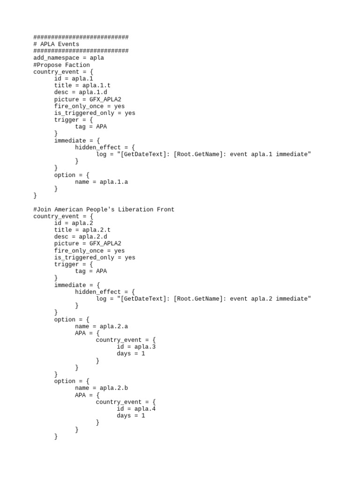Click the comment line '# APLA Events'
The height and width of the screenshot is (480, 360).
coord(56,44)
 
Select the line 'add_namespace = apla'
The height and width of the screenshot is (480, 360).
coord(68,58)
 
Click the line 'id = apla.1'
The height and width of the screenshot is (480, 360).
coord(74,79)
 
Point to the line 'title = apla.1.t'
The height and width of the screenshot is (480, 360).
coord(82,85)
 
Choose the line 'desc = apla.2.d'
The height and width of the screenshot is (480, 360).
coord(81,237)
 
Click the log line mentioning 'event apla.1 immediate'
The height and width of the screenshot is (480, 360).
coord(203,154)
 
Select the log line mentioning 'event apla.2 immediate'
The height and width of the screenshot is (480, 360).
coord(203,299)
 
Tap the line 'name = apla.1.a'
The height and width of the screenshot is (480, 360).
coord(101,182)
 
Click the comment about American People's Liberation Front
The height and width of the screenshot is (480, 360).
coord(104,209)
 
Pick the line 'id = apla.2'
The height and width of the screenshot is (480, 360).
coord(74,223)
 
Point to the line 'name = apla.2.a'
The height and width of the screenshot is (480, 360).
coord(101,326)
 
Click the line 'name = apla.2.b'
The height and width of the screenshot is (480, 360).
coord(101,388)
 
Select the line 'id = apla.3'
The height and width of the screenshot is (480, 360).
coord(136,347)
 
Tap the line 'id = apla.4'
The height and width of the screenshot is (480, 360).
coord(136,409)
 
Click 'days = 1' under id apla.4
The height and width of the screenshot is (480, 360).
coord(131,415)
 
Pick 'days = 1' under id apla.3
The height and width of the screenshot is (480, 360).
coord(131,353)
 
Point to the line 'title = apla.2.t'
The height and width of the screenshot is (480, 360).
coord(82,230)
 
